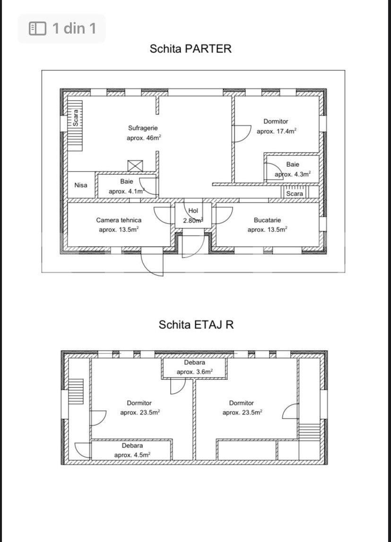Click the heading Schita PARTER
click(x=191, y=49)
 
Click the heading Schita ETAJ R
click(x=196, y=325)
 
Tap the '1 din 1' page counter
click(x=74, y=28)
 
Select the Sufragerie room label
click(x=143, y=128)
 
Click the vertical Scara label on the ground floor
click(x=76, y=118)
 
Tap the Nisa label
click(x=81, y=185)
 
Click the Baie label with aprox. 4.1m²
click(x=127, y=181)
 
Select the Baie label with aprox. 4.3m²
click(x=293, y=164)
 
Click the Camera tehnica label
click(x=119, y=220)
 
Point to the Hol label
click(x=193, y=211)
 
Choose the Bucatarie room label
click(x=267, y=220)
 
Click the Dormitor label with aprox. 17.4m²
click(x=276, y=121)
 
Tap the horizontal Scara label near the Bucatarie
click(x=295, y=194)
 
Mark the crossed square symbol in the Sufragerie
click(x=135, y=166)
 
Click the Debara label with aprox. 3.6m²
click(x=194, y=362)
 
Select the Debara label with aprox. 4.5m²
click(x=132, y=446)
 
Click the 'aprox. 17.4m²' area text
click(x=277, y=131)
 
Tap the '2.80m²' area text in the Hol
click(x=193, y=220)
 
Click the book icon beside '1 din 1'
click(x=38, y=28)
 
